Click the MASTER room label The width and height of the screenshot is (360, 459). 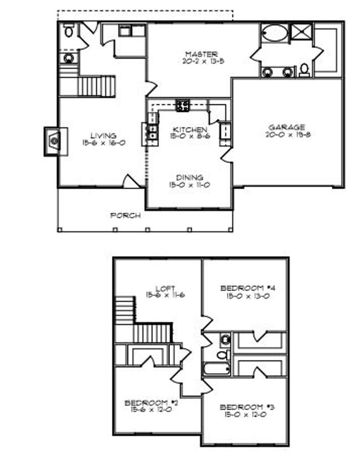[197, 54]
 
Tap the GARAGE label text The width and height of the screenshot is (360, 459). [286, 127]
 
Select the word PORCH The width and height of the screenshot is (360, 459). [125, 215]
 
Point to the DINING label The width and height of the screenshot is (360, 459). [189, 178]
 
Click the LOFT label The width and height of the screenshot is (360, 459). [165, 288]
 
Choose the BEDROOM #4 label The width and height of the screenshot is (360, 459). [244, 288]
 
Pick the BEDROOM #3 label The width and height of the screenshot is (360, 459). [244, 407]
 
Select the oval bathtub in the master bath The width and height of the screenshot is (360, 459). [274, 33]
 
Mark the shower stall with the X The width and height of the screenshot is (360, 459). [301, 32]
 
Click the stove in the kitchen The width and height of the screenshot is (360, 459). [183, 105]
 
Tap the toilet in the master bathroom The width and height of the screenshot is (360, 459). [304, 70]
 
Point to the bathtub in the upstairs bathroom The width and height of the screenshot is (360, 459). [217, 368]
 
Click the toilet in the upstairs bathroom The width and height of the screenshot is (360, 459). [222, 354]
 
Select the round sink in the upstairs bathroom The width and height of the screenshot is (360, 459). [225, 339]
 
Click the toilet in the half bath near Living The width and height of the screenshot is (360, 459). [69, 32]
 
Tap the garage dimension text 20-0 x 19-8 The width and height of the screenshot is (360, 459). [286, 135]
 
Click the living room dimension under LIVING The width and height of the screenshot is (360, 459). [104, 143]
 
